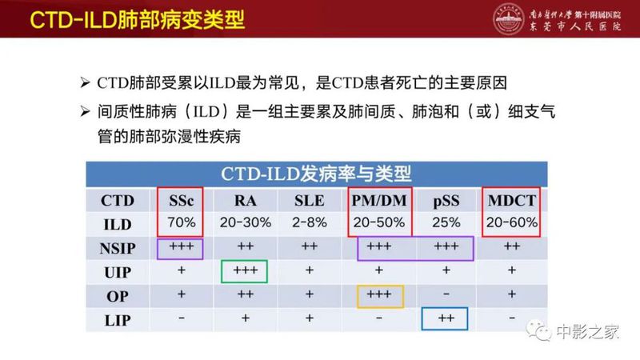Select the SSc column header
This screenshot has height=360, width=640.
[181, 200]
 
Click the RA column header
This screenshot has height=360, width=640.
[246, 200]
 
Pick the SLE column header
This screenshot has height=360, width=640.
[310, 200]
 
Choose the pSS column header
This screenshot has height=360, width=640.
[446, 200]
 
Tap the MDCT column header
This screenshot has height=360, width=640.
[511, 200]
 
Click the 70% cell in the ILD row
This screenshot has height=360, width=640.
[181, 223]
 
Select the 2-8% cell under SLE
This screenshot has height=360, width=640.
[310, 223]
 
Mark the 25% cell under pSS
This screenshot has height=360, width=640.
[446, 223]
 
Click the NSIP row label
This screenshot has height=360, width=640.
[118, 248]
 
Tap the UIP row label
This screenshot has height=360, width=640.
[118, 272]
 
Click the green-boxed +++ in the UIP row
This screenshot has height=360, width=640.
[246, 272]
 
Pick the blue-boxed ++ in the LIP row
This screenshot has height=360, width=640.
[446, 319]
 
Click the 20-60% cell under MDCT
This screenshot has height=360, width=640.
[511, 223]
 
